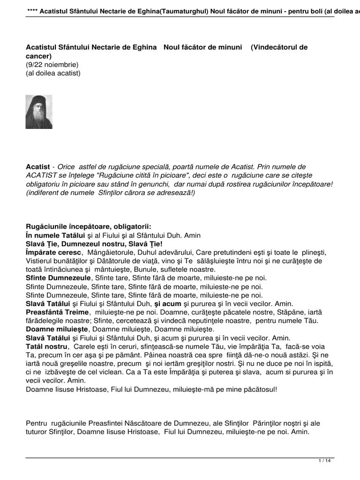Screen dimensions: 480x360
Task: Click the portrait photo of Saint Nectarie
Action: pyautogui.click(x=39, y=112)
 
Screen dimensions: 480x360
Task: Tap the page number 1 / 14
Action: pyautogui.click(x=325, y=461)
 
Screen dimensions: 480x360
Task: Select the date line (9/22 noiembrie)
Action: pyautogui.click(x=52, y=65)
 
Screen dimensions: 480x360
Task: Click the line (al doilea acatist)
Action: pyautogui.click(x=53, y=73)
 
